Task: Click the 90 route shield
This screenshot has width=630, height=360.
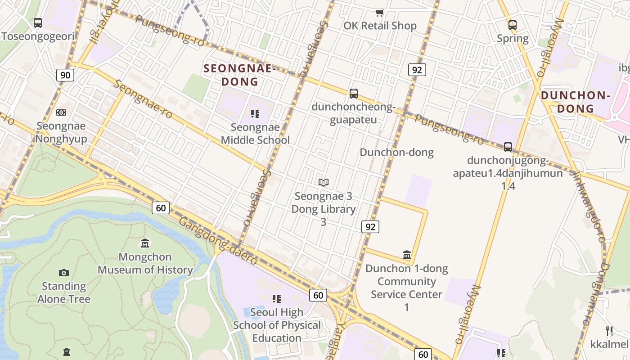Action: point(65,75)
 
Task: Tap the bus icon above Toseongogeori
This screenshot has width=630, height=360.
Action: point(38,22)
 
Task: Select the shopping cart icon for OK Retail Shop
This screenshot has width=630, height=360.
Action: point(380,13)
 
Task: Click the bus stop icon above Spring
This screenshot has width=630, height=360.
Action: point(512,25)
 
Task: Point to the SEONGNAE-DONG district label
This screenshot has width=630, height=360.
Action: point(239,75)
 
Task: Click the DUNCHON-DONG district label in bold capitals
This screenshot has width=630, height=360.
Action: point(576,102)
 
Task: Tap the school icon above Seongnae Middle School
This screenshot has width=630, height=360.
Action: point(255,114)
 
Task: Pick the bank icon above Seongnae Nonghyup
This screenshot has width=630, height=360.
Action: point(61,112)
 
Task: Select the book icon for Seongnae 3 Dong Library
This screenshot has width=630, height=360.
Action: point(323,182)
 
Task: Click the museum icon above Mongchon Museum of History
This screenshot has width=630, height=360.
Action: point(145,243)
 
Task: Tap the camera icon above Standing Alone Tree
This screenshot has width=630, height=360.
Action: point(64,273)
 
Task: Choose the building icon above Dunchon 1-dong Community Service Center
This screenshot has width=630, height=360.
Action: point(407,255)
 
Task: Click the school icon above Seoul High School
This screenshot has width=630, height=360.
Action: point(276,298)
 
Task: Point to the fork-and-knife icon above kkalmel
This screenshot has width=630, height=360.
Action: point(609,331)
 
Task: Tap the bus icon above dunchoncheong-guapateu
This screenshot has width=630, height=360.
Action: point(354,93)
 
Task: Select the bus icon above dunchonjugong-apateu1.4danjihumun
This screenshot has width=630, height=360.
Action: point(508,147)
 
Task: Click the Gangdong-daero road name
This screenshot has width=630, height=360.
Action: point(218,241)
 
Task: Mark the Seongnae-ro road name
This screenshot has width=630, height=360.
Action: point(143,99)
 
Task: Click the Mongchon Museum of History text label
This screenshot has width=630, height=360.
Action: point(145,263)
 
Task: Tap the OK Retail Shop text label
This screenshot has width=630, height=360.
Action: point(380,26)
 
